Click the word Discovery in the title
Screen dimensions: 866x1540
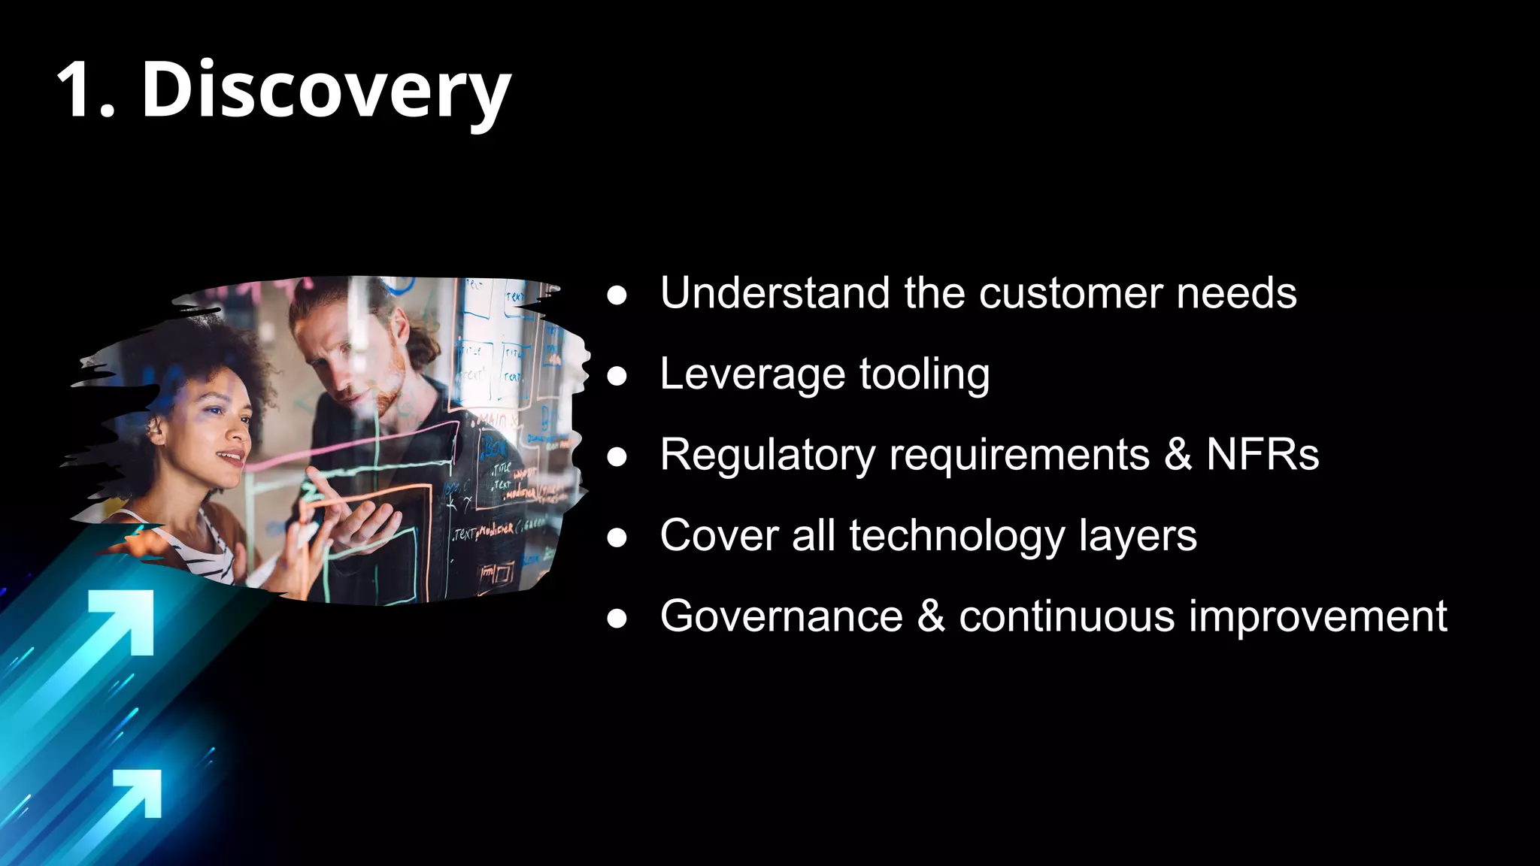point(326,90)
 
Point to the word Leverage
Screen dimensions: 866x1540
point(753,375)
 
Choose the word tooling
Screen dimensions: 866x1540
point(924,375)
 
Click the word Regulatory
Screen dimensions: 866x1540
point(768,456)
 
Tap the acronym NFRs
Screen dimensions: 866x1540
point(1263,455)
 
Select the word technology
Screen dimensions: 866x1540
point(957,537)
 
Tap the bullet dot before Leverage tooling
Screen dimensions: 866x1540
point(617,376)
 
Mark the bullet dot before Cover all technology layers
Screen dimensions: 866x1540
point(617,537)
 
